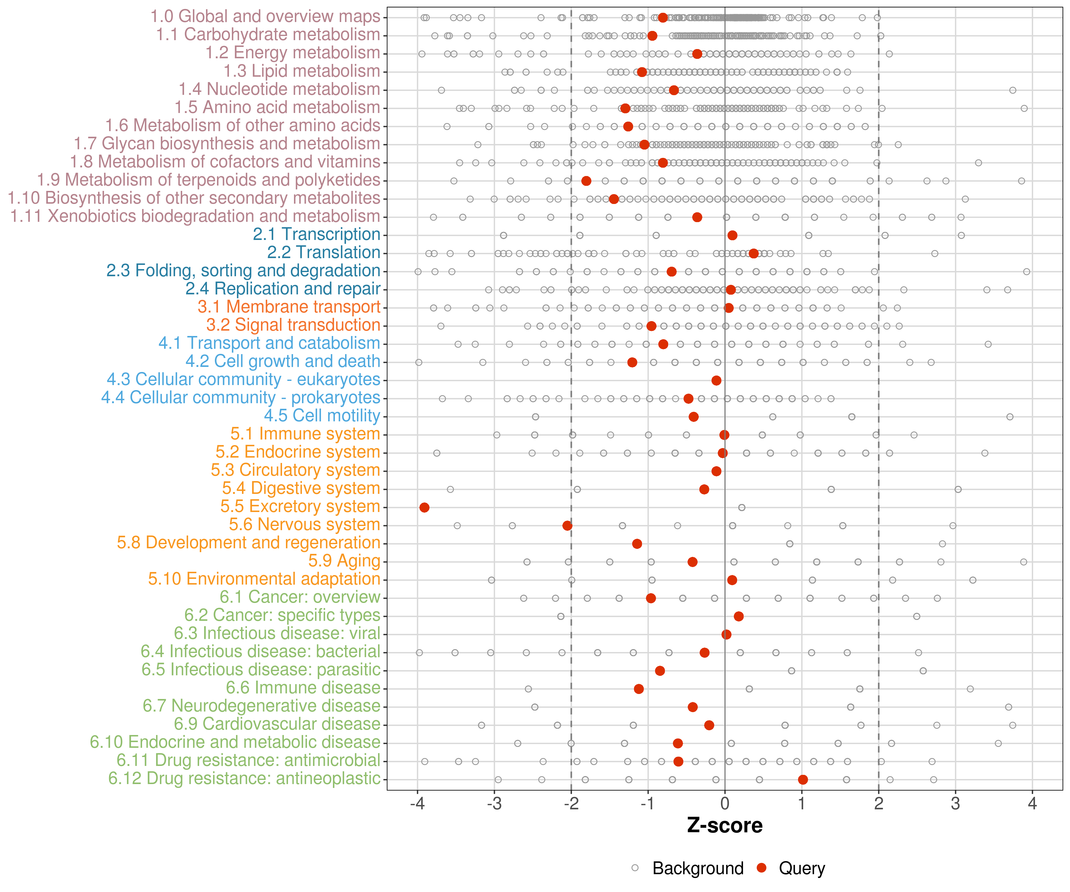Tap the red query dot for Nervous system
pyautogui.click(x=567, y=525)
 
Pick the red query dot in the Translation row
pyautogui.click(x=753, y=253)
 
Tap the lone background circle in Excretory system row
pyautogui.click(x=742, y=507)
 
